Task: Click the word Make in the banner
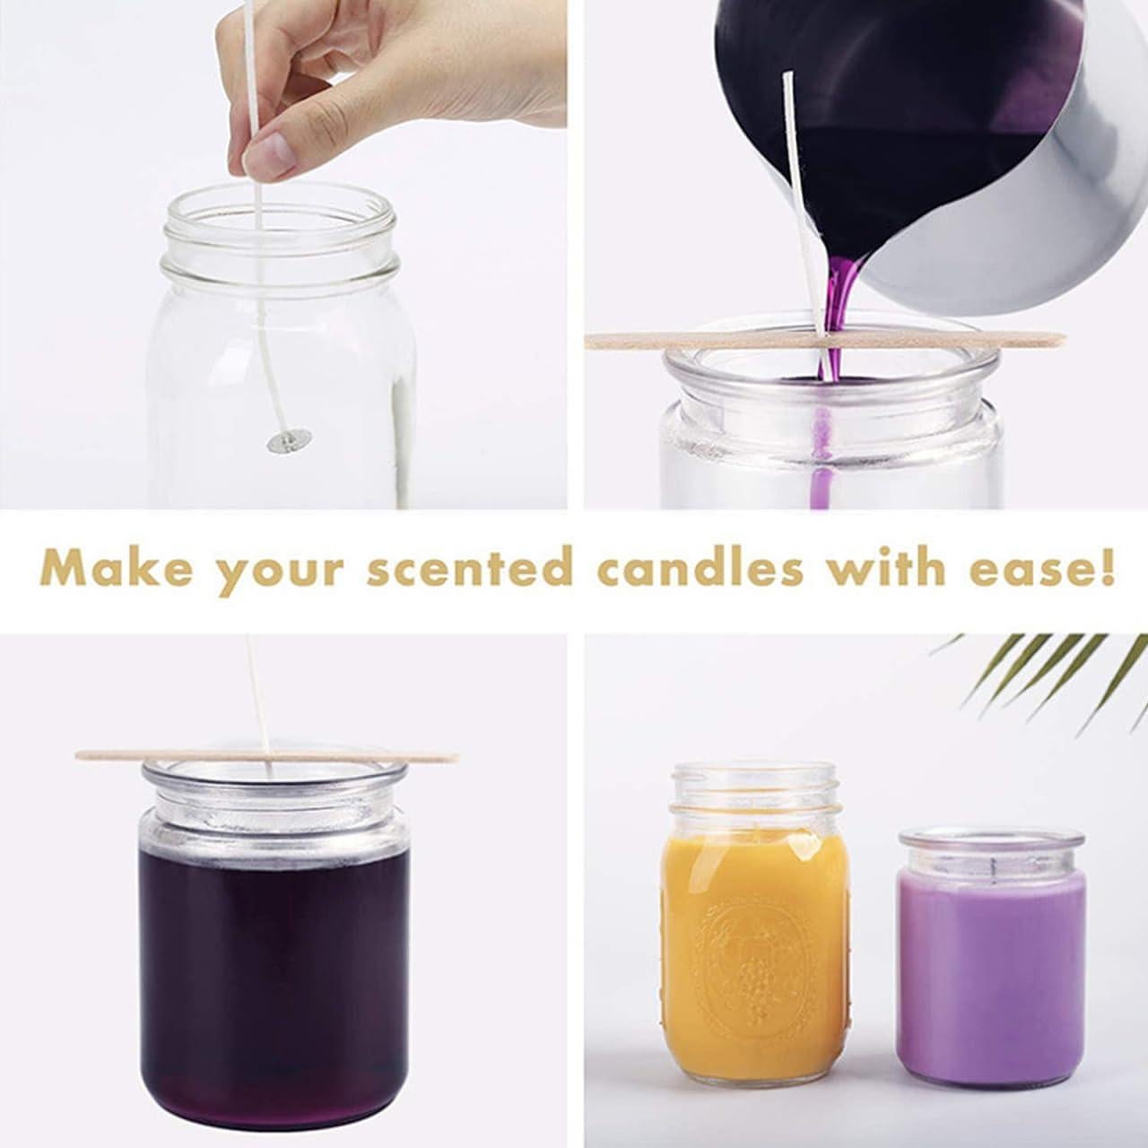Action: click(117, 569)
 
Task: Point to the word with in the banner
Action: click(879, 569)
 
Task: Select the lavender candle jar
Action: click(991, 969)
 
